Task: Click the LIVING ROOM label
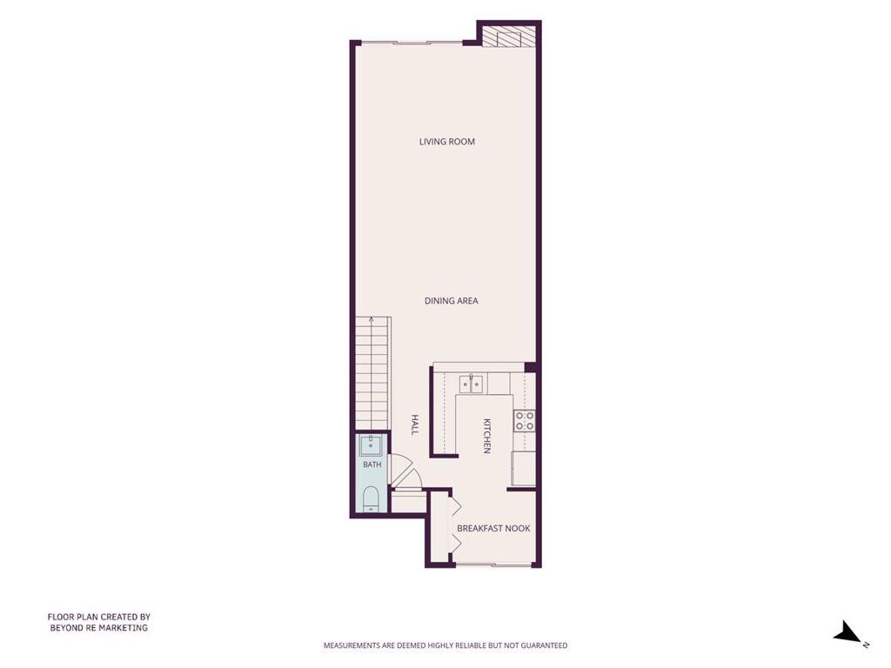pyautogui.click(x=446, y=142)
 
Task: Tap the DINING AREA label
pyautogui.click(x=452, y=300)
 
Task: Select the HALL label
pyautogui.click(x=415, y=424)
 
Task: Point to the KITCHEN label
pyautogui.click(x=487, y=437)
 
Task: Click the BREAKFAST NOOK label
pyautogui.click(x=493, y=528)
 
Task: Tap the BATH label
pyautogui.click(x=372, y=464)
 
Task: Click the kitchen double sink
pyautogui.click(x=471, y=384)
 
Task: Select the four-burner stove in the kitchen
pyautogui.click(x=525, y=421)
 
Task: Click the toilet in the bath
pyautogui.click(x=371, y=498)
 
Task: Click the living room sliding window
pyautogui.click(x=412, y=43)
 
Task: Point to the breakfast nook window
pyautogui.click(x=493, y=564)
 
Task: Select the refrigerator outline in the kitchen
pyautogui.click(x=523, y=468)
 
